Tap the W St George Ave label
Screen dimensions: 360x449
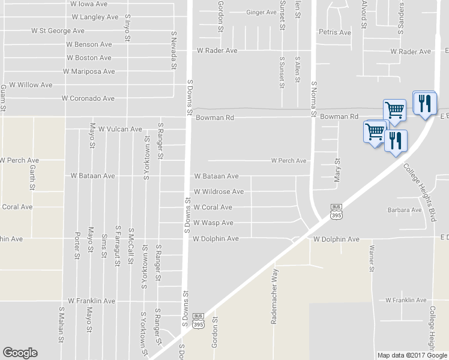point(58,31)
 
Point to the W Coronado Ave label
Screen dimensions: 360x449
point(88,98)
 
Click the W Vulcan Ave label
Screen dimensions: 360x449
point(120,129)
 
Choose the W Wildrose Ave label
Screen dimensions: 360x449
point(218,192)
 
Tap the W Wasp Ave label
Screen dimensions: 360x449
point(213,223)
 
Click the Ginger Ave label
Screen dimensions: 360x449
point(261,12)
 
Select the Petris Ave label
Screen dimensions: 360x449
point(335,32)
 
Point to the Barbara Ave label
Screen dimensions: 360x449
point(405,211)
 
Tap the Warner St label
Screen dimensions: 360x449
point(372,258)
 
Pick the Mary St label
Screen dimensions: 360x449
point(337,169)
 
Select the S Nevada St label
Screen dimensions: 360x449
point(173,52)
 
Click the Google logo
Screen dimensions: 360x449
point(20,353)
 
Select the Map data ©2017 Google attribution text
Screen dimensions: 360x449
point(411,355)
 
